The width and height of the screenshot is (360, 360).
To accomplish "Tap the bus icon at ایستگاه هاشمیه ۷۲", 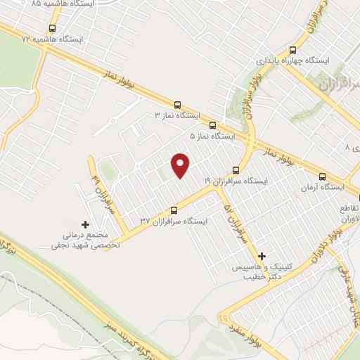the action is (x=52, y=29).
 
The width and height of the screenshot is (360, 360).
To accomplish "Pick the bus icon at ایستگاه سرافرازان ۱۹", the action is (x=236, y=170).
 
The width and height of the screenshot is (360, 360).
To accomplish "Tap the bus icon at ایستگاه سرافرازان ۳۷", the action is (x=174, y=210).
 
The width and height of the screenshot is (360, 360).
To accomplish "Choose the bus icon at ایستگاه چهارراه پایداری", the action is (x=293, y=50).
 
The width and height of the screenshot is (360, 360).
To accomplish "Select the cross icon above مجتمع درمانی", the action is (x=86, y=224).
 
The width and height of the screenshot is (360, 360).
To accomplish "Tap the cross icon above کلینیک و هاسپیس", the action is (x=262, y=257).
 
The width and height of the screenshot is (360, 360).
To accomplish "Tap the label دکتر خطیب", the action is (x=258, y=278).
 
